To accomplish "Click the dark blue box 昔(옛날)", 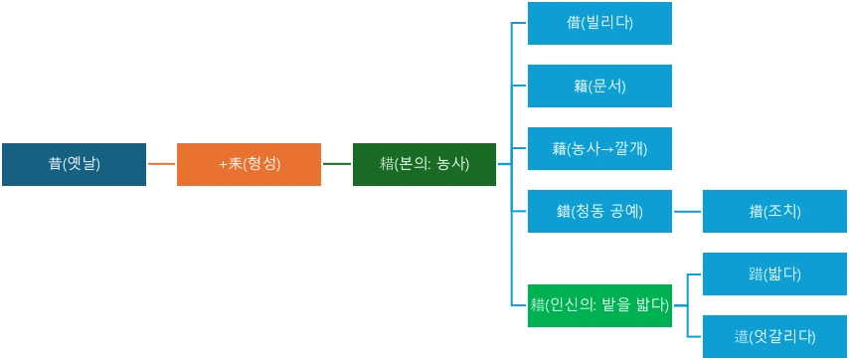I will (75, 164).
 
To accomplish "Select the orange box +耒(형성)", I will (249, 164).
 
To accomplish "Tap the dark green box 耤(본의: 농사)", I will (424, 164).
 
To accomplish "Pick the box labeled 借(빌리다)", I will (599, 23).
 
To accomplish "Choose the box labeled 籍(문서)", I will (599, 87).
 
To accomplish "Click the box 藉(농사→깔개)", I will (599, 149).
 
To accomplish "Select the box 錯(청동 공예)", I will (599, 211).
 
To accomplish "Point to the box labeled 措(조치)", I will (774, 211).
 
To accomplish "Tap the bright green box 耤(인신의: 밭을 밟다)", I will (599, 304).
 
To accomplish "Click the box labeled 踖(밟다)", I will (774, 273).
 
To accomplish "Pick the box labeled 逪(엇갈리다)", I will (774, 336).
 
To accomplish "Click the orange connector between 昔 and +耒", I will (162, 163).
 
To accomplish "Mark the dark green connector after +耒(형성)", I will (337, 163).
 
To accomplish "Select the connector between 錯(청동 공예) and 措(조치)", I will (687, 211).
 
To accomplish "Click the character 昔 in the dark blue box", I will (55, 164).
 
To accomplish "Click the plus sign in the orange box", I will (223, 164).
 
